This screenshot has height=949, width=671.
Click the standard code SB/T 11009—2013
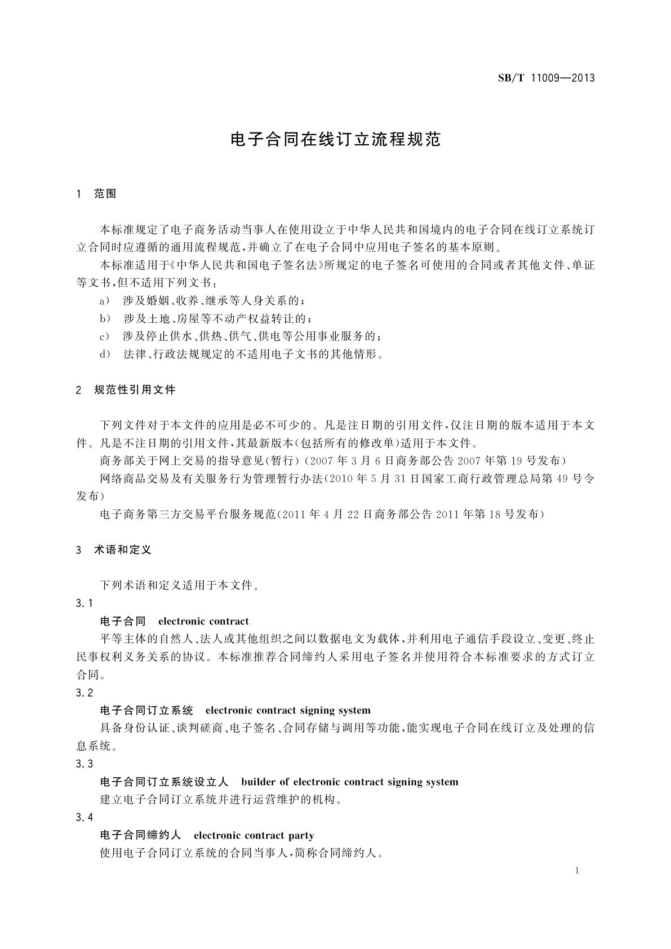tap(546, 78)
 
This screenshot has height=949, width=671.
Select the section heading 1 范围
tap(96, 194)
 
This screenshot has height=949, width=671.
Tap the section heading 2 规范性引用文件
tap(126, 389)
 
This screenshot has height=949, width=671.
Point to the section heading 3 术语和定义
tap(114, 550)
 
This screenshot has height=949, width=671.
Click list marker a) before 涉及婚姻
tap(105, 301)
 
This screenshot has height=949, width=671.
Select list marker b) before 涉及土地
tap(105, 319)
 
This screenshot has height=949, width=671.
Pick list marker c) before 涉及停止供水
tap(105, 337)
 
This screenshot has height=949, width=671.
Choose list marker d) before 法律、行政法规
tap(105, 355)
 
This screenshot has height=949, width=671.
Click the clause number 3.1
tap(85, 604)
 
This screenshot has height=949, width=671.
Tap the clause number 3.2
tap(85, 693)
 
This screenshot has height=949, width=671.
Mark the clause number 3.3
tap(85, 764)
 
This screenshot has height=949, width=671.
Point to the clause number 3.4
tap(85, 818)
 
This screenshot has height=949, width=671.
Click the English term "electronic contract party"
tap(254, 836)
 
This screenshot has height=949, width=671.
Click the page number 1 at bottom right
tap(577, 871)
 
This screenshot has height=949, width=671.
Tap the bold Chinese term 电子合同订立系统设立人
tap(164, 782)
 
